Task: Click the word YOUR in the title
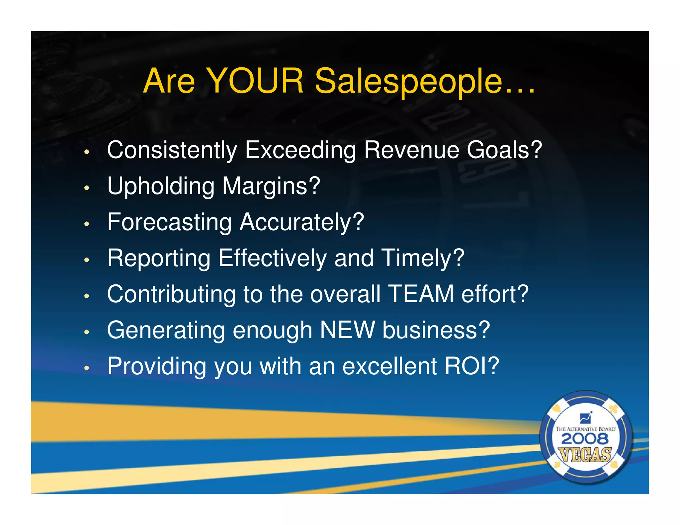pos(255,81)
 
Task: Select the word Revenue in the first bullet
pos(411,150)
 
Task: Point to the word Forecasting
pos(169,222)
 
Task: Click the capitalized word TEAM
pos(421,294)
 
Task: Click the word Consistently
pos(172,150)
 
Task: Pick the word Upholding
pos(161,186)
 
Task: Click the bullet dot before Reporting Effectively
pos(87,260)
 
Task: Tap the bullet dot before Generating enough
pos(87,332)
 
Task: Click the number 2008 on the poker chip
pos(585,439)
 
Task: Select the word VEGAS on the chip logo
pos(585,455)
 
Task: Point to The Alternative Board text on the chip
pos(585,429)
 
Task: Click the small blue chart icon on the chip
pos(585,417)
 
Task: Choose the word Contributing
pos(171,294)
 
